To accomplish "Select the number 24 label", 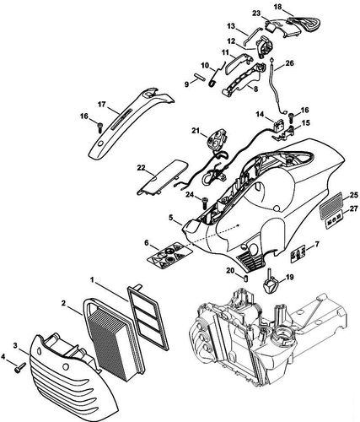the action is pyautogui.click(x=190, y=194).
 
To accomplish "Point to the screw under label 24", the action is pyautogui.click(x=205, y=203).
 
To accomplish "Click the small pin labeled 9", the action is pyautogui.click(x=201, y=77).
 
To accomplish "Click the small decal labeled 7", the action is pyautogui.click(x=298, y=253).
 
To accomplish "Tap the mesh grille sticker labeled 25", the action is pyautogui.click(x=332, y=203).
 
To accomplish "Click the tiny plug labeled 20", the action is pyautogui.click(x=245, y=279).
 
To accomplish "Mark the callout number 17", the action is pyautogui.click(x=101, y=105).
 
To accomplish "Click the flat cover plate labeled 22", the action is pyautogui.click(x=162, y=176).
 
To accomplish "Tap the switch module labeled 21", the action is pyautogui.click(x=217, y=139).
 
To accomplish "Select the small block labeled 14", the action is pyautogui.click(x=278, y=124).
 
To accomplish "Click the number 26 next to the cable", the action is pyautogui.click(x=289, y=63).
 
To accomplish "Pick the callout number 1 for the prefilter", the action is pyautogui.click(x=92, y=279).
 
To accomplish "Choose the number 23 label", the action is pyautogui.click(x=256, y=13).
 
